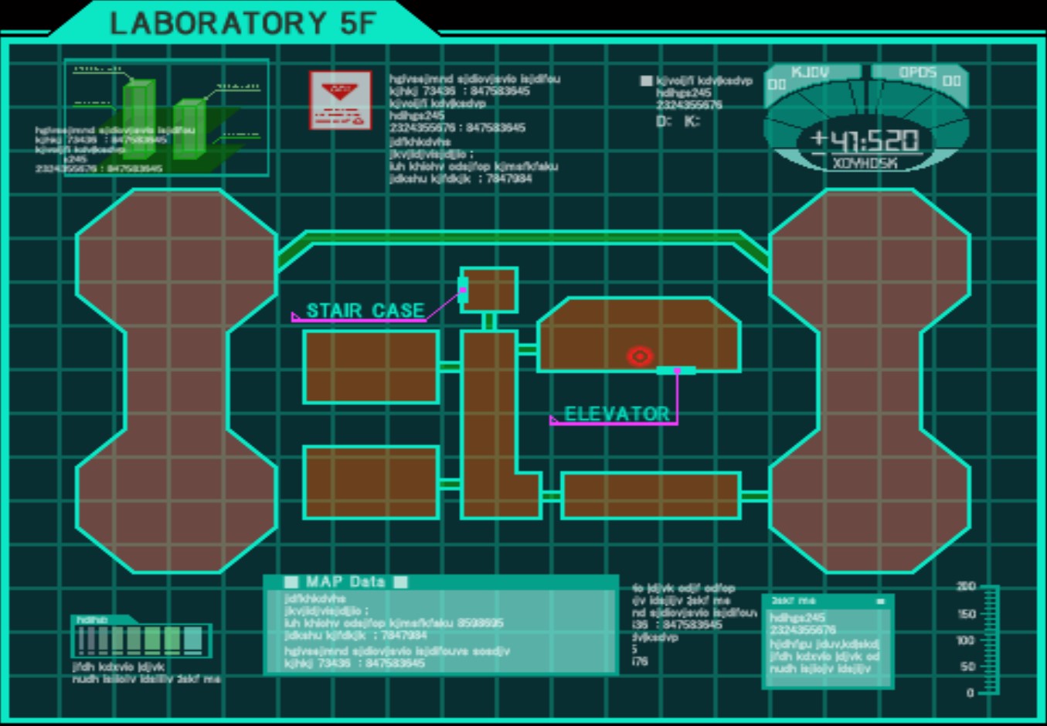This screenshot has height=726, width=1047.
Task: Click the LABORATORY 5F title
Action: pyautogui.click(x=242, y=23)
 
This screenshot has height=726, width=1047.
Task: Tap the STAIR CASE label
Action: pyautogui.click(x=365, y=311)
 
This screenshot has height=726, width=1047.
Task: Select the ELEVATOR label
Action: pyautogui.click(x=617, y=414)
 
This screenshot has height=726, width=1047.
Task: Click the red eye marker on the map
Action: pyautogui.click(x=639, y=356)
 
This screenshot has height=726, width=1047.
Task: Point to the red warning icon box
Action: pyautogui.click(x=340, y=100)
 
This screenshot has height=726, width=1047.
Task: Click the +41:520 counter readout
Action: pyautogui.click(x=865, y=140)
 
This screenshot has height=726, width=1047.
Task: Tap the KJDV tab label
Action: pyautogui.click(x=810, y=73)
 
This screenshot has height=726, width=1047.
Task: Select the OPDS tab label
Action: pyautogui.click(x=917, y=73)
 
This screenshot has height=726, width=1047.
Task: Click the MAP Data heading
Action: pyautogui.click(x=345, y=582)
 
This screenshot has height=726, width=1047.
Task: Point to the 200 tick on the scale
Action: pyautogui.click(x=967, y=586)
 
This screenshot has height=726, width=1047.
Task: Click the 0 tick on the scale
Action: pyautogui.click(x=971, y=693)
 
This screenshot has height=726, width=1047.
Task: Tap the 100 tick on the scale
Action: pyautogui.click(x=966, y=640)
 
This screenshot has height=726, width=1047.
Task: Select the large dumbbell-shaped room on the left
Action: pyautogui.click(x=176, y=380)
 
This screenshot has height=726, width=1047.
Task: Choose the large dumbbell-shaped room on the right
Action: pyautogui.click(x=869, y=380)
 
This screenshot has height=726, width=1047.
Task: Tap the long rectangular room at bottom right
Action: pyautogui.click(x=651, y=495)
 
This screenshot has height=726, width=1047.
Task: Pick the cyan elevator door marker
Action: pyautogui.click(x=675, y=371)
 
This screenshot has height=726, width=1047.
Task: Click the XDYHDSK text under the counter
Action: pyautogui.click(x=865, y=163)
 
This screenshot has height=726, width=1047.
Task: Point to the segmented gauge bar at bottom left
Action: pyautogui.click(x=141, y=640)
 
